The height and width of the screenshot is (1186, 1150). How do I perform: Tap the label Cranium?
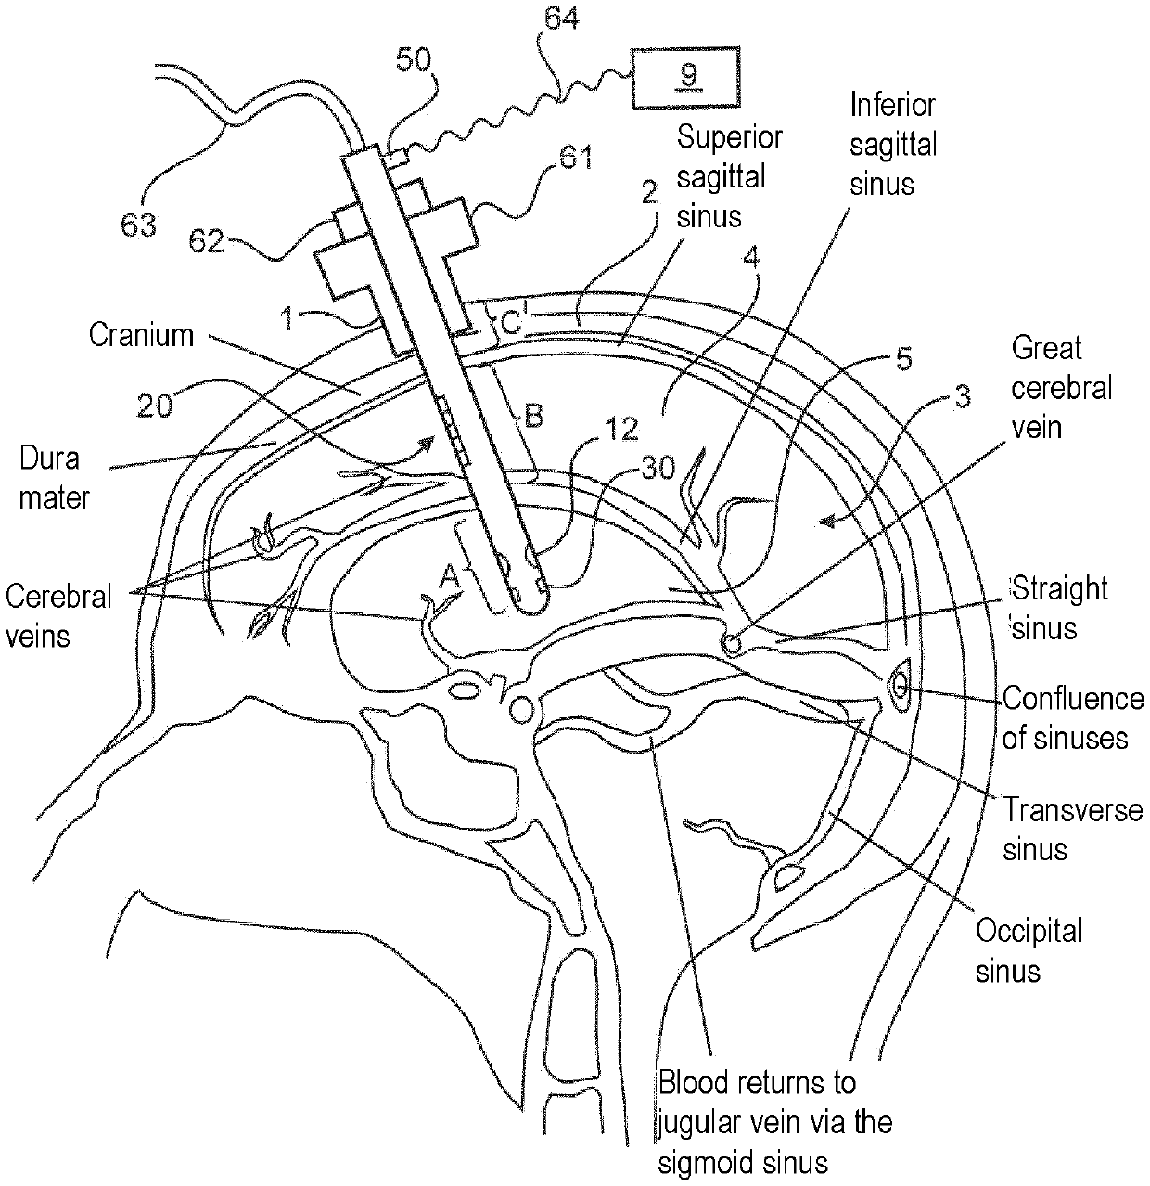[142, 334]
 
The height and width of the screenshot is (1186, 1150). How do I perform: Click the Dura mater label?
[52, 477]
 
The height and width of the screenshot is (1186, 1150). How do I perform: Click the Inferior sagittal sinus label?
[894, 144]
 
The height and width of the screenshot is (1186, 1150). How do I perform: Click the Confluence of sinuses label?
[1074, 717]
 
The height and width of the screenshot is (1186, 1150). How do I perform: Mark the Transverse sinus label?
[1072, 829]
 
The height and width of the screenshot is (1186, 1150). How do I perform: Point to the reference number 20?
[155, 405]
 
